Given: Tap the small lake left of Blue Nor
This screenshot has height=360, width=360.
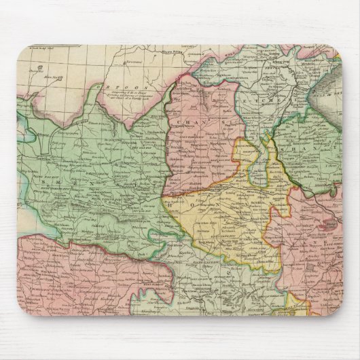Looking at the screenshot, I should (41, 68).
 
